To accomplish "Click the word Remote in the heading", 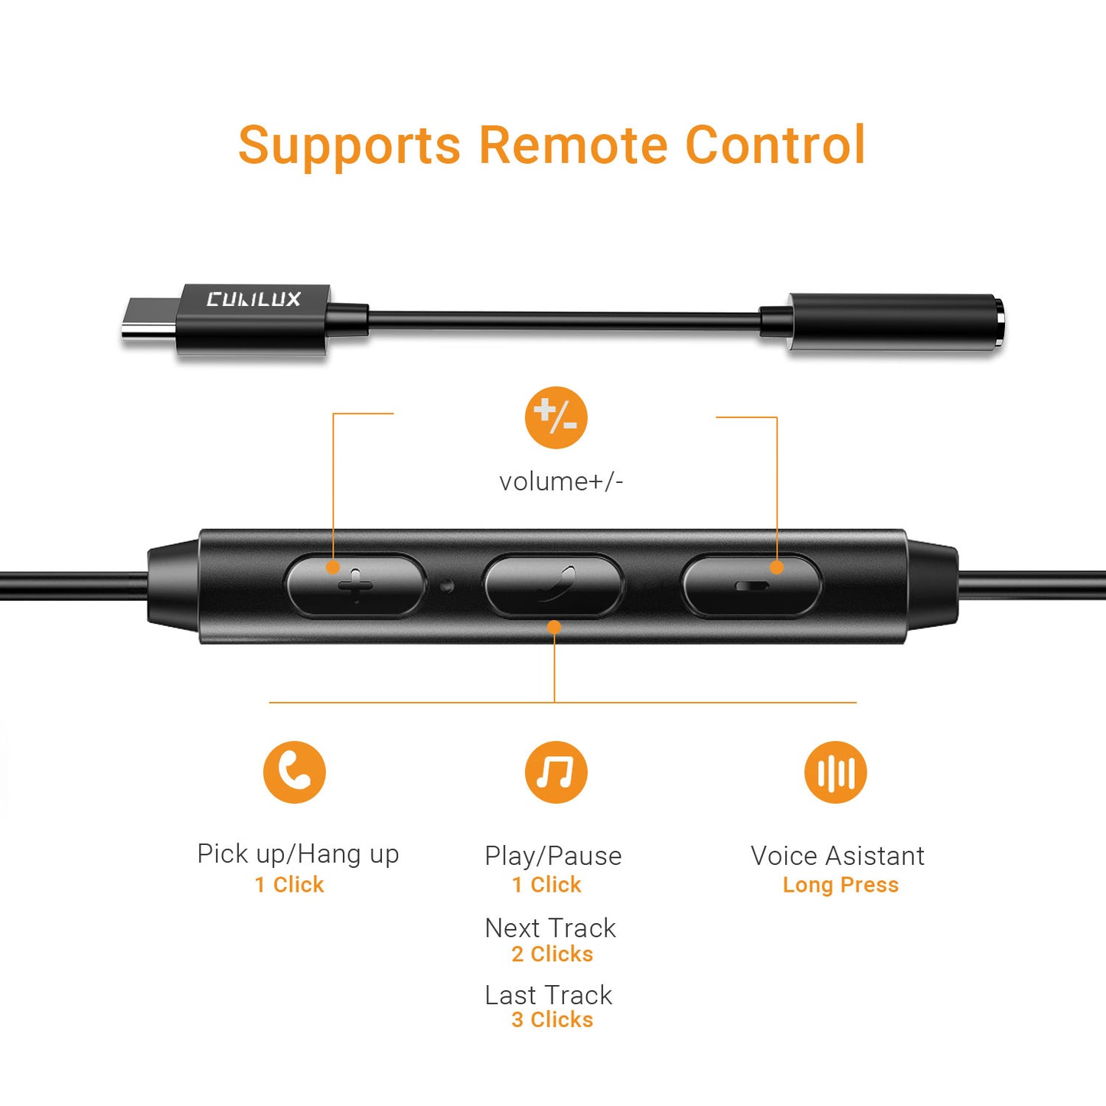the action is (x=573, y=145).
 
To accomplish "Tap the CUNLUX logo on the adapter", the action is (x=253, y=299).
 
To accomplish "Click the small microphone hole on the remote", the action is (x=447, y=586).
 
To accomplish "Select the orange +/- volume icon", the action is (x=556, y=417).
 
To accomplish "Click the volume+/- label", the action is (x=561, y=481).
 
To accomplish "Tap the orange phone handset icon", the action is (x=295, y=772).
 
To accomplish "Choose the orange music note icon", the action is (x=556, y=772).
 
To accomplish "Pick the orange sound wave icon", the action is (x=836, y=772).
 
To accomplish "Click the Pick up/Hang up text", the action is (x=298, y=854).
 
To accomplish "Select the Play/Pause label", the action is (x=553, y=856).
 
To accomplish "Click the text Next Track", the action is (x=550, y=928).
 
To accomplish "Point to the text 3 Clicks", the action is (x=552, y=1020).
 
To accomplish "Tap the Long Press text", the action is (x=841, y=885).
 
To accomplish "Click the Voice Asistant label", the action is (x=837, y=856).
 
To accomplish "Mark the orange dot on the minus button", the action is (x=777, y=568).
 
